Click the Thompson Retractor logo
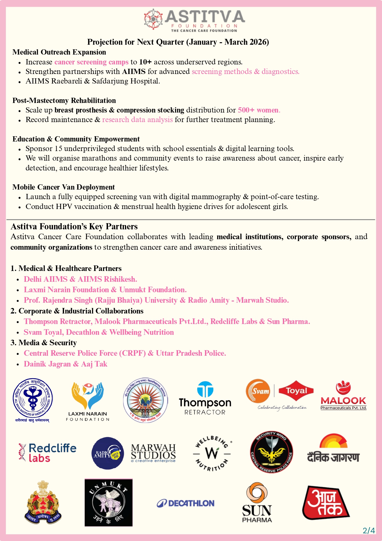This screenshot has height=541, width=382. [205, 398]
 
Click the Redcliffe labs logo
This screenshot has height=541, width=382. [47, 453]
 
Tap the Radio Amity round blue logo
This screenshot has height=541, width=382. [108, 453]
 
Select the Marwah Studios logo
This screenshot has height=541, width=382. [153, 453]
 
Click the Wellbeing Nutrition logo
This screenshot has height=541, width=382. [212, 453]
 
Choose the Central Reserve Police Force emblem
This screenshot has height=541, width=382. [271, 452]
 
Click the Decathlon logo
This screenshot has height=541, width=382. [186, 503]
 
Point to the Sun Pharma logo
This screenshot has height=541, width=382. [257, 503]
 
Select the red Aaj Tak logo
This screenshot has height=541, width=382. [325, 503]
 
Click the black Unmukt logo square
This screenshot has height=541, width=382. [109, 502]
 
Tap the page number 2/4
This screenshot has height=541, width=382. [369, 531]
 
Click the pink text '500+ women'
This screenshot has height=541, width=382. [259, 110]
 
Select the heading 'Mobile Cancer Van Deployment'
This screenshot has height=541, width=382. [63, 187]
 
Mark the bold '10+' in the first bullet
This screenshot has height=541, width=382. [145, 62]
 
